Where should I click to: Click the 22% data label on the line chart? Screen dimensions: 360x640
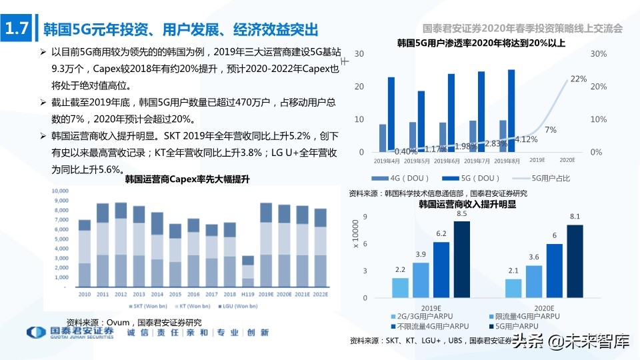(x=578, y=79)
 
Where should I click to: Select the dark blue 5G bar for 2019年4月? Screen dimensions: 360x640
(x=391, y=115)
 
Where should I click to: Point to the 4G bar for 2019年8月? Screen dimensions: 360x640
(x=503, y=136)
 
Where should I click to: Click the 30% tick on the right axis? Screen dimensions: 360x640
(x=599, y=53)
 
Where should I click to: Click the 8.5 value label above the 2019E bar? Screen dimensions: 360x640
(x=461, y=213)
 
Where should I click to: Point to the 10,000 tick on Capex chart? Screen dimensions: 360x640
(x=59, y=191)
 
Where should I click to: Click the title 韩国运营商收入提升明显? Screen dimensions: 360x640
(x=467, y=205)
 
